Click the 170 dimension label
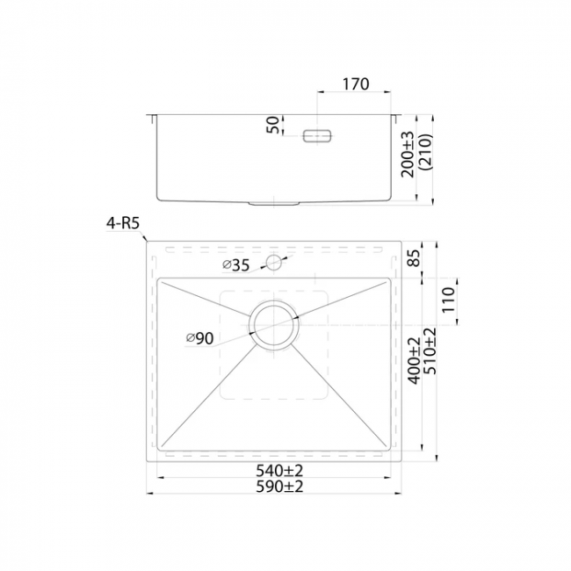(356, 84)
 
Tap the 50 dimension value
(272, 126)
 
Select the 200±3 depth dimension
(408, 154)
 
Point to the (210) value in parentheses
(425, 152)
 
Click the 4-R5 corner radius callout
(123, 223)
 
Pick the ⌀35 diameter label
(236, 265)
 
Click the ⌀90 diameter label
(200, 338)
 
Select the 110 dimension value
(449, 300)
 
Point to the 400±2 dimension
(414, 360)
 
